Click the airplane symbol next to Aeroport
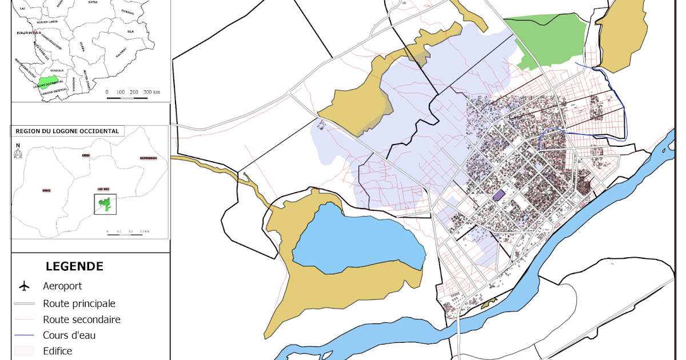[x=24, y=286]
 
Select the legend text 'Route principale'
[x=79, y=303]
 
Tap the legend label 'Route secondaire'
[x=81, y=319]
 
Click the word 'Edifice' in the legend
[x=57, y=351]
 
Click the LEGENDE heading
[x=74, y=266]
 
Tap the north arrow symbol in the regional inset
[x=18, y=153]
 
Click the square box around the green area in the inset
[x=105, y=204]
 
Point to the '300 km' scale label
[x=151, y=92]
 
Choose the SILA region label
[x=130, y=31]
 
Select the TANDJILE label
[x=58, y=70]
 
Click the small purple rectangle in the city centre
[x=499, y=195]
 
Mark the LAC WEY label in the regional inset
[x=103, y=187]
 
